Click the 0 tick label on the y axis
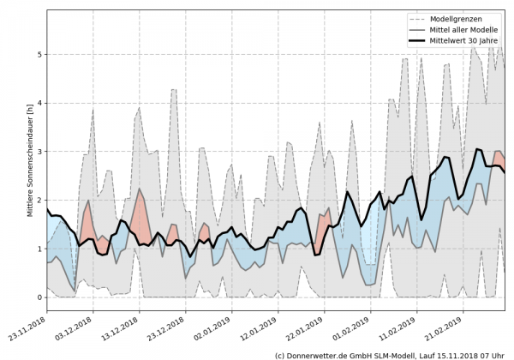coord(38,297)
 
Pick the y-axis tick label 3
coord(38,152)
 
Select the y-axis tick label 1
coord(38,249)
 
